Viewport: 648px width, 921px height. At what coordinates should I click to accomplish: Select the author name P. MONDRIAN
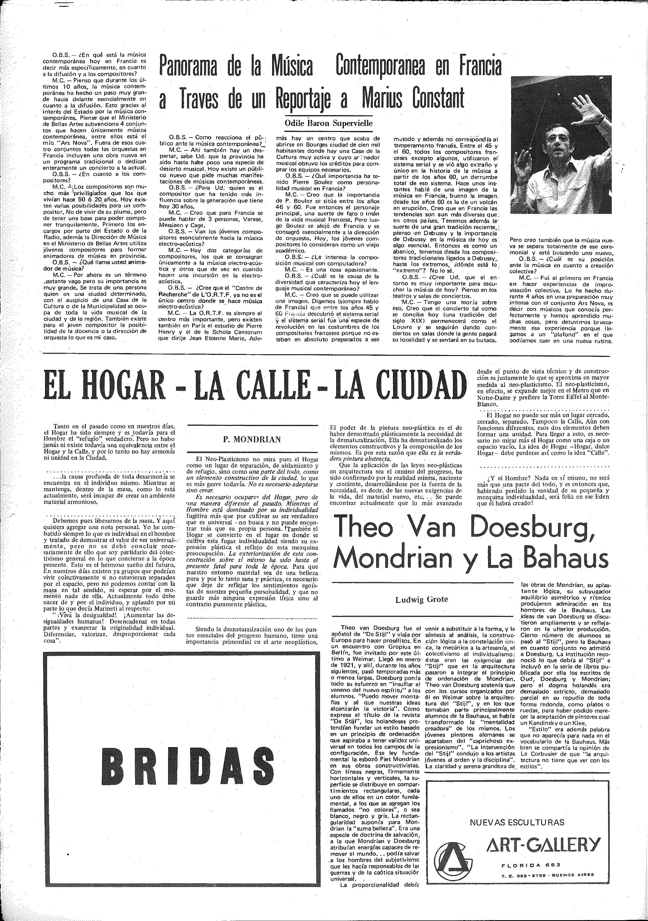(x=252, y=439)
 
